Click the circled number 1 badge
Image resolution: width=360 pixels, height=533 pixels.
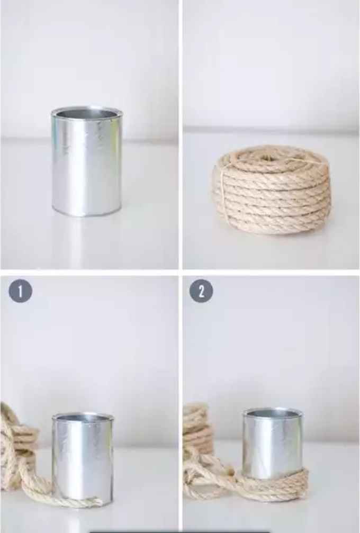[x=20, y=291]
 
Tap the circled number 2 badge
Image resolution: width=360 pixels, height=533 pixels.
[x=201, y=291]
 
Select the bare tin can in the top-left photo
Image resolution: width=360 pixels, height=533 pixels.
[x=87, y=164]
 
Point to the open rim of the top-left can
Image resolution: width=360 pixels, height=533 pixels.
[x=87, y=113]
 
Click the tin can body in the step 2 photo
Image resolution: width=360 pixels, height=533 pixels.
[x=272, y=445]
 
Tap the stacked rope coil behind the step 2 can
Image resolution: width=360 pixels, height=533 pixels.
[x=197, y=429]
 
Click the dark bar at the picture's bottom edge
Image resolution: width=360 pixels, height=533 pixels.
[x=180, y=531]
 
